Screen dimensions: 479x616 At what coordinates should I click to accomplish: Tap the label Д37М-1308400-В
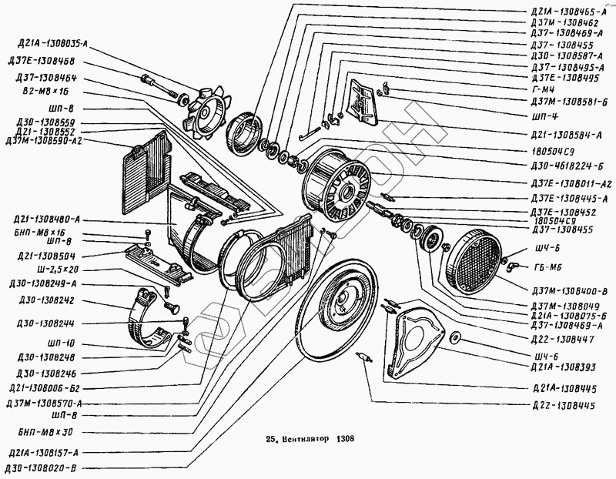coord(569,290)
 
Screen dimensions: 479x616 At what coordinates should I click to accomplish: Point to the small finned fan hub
coord(204,112)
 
